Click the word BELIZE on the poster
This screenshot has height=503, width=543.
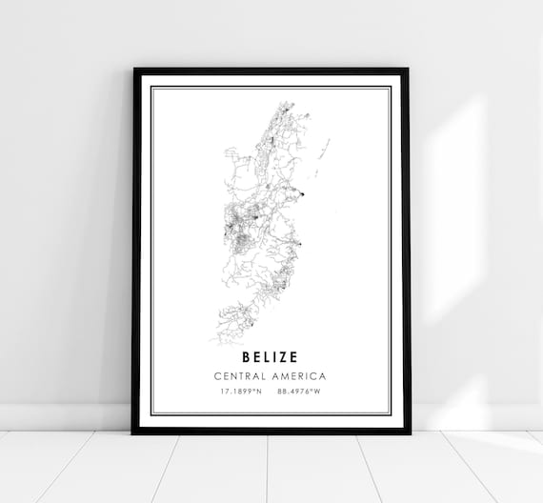pyautogui.click(x=270, y=357)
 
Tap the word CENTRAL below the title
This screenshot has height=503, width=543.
pyautogui.click(x=243, y=376)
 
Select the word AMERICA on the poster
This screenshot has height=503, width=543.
pyautogui.click(x=298, y=376)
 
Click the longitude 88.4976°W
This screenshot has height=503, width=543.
pyautogui.click(x=298, y=391)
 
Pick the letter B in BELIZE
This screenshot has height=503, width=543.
pyautogui.click(x=246, y=357)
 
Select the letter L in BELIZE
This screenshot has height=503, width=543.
pyautogui.click(x=265, y=357)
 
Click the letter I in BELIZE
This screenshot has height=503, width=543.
pyautogui.click(x=273, y=357)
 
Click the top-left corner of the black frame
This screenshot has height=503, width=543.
pyautogui.click(x=134, y=69)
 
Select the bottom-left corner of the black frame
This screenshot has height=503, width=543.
pyautogui.click(x=134, y=433)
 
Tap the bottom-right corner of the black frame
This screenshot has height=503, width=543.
pyautogui.click(x=409, y=433)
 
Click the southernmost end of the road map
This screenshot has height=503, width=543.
pyautogui.click(x=218, y=342)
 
